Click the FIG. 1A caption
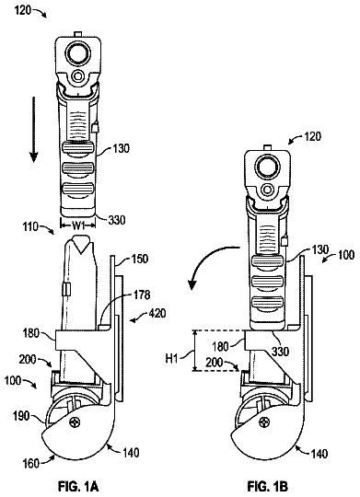click(x=78, y=485)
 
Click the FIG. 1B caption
click(x=268, y=485)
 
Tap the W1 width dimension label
click(x=77, y=225)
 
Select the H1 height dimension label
click(x=171, y=360)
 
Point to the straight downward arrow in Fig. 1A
click(x=34, y=131)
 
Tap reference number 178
click(x=142, y=295)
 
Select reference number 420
click(x=157, y=314)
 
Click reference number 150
click(x=140, y=259)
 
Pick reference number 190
click(x=21, y=415)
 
